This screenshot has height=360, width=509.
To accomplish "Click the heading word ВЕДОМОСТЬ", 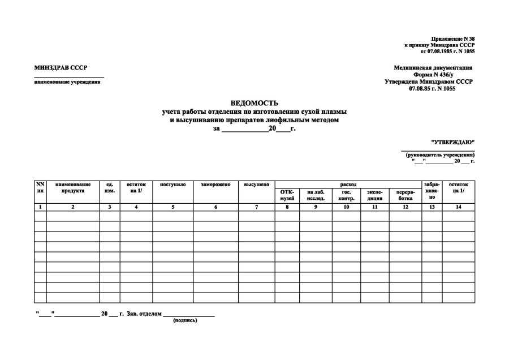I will (x=254, y=103).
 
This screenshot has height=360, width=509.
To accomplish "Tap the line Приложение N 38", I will (x=452, y=38).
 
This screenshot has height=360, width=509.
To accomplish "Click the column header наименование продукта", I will (x=73, y=188).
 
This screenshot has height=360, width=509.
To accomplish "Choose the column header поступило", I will (x=172, y=185).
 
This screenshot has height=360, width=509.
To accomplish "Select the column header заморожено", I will (x=215, y=185).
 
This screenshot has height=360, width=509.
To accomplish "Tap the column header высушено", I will (x=256, y=185).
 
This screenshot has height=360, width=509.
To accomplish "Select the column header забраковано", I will (x=432, y=191).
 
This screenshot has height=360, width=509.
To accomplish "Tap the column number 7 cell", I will (x=256, y=207).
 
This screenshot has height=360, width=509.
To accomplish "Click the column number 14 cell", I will (x=458, y=207).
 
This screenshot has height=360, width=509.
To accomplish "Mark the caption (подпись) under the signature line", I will (x=185, y=320).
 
